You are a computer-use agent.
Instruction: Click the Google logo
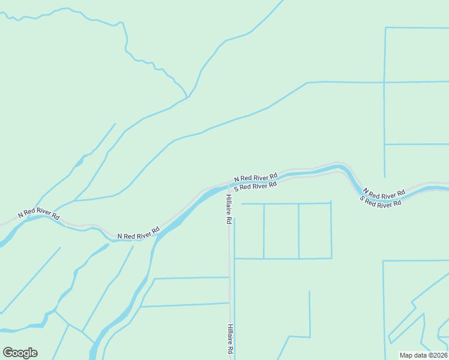click(x=20, y=353)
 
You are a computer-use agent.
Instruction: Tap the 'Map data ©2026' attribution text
click(x=424, y=355)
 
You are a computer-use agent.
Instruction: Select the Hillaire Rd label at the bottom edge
click(x=230, y=339)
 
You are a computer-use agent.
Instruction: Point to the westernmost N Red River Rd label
click(x=39, y=214)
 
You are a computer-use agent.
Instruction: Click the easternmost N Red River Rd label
click(x=384, y=194)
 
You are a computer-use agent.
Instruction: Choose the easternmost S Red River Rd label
click(x=381, y=203)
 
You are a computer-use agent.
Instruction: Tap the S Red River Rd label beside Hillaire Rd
click(x=255, y=186)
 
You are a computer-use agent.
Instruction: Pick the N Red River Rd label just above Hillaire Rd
click(x=256, y=177)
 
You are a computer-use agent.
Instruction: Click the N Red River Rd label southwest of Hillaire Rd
click(x=138, y=233)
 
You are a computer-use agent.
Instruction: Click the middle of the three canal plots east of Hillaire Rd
click(x=281, y=231)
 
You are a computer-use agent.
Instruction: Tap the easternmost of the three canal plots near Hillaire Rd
click(x=315, y=231)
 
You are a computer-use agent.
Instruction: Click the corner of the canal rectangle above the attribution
click(x=383, y=261)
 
